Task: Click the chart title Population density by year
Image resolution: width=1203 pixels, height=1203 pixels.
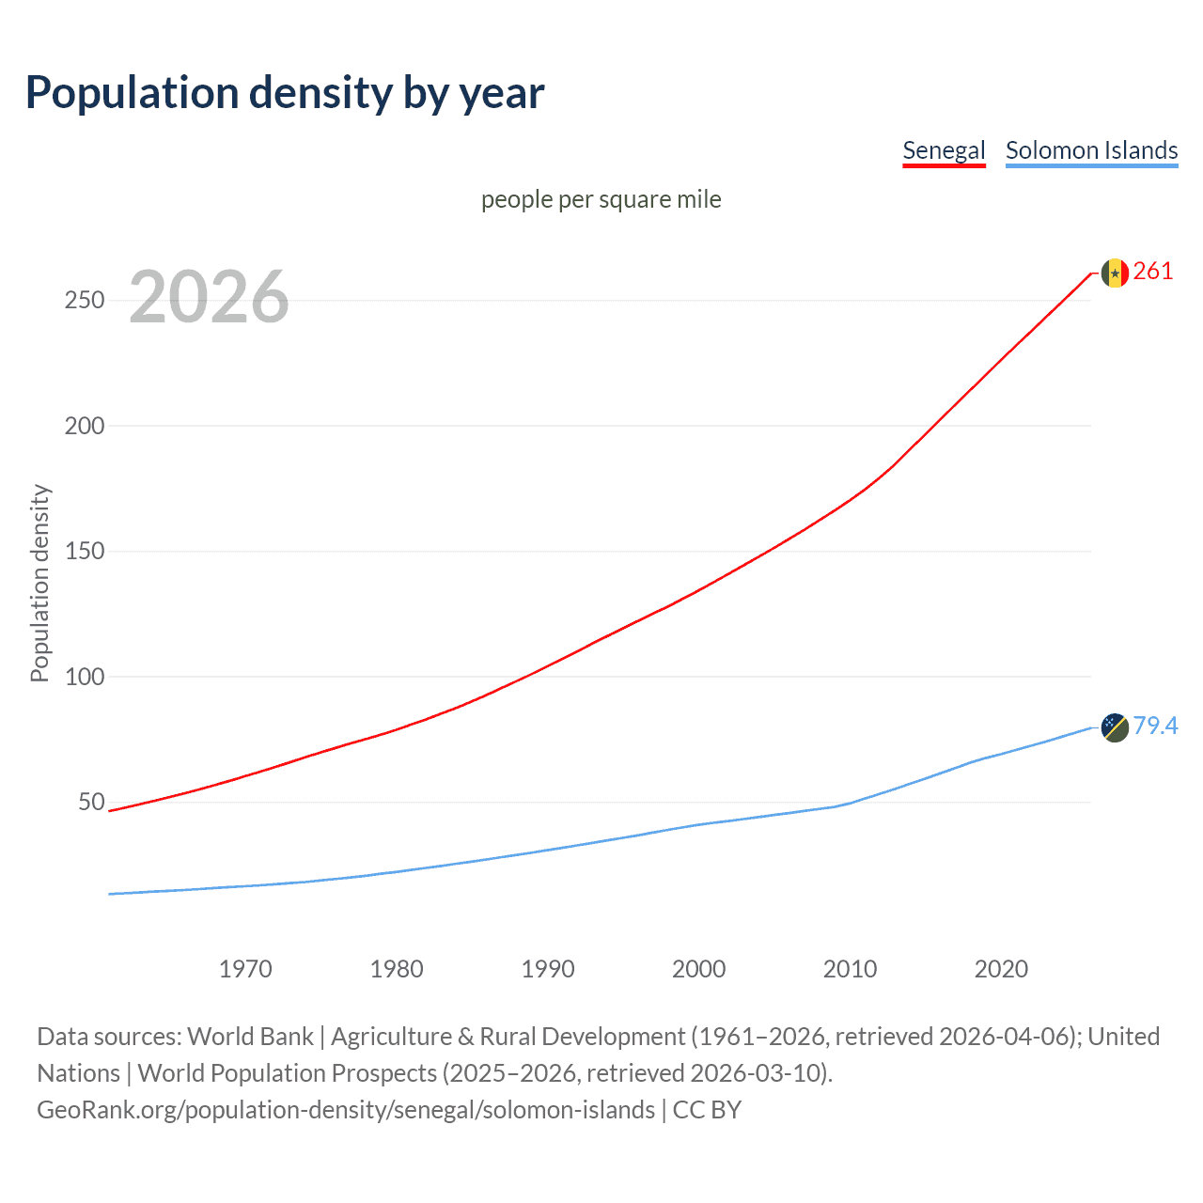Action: coord(285,93)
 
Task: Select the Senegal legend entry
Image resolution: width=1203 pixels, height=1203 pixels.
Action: coord(944,151)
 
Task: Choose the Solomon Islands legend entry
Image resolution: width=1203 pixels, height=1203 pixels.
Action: coord(1091,151)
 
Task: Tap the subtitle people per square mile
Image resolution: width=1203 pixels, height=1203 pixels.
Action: coord(601,199)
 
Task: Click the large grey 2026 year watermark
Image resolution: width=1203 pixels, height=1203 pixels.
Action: coord(209,297)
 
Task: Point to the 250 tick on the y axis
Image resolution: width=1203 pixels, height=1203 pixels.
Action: coord(84,301)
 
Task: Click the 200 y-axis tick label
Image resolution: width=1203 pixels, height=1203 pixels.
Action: coord(84,426)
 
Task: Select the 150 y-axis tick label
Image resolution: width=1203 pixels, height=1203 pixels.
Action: coord(84,552)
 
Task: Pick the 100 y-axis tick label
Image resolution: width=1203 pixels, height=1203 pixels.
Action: coord(84,677)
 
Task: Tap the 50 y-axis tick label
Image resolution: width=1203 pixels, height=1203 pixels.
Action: coord(91,803)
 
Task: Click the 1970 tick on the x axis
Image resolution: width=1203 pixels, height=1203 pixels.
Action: coord(245,969)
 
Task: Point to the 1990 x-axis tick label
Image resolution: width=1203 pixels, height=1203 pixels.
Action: coord(548,969)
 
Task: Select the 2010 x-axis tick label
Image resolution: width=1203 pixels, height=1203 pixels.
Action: coord(850,969)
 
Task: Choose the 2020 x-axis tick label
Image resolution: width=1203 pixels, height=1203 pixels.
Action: coord(1001,969)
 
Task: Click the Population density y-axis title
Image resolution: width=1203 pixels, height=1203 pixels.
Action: coord(39,583)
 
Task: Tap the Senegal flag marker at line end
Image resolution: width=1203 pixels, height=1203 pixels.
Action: coord(1115,273)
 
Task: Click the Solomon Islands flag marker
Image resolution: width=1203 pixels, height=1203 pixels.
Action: coord(1115,727)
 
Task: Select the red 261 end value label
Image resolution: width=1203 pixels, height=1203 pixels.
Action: coord(1153,272)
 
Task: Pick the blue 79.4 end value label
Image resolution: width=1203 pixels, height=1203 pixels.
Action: coord(1155,726)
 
